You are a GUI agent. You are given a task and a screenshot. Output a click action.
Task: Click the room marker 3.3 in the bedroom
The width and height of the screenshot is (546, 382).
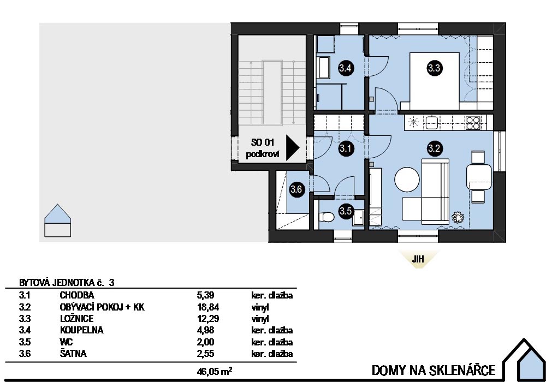pyautogui.click(x=435, y=68)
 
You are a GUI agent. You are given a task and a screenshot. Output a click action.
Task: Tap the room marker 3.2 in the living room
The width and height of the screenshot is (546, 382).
pyautogui.click(x=435, y=147)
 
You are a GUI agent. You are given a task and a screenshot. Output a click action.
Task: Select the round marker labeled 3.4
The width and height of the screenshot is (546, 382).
pyautogui.click(x=346, y=68)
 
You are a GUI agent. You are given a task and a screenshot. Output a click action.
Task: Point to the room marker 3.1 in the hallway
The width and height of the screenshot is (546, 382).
pyautogui.click(x=346, y=147)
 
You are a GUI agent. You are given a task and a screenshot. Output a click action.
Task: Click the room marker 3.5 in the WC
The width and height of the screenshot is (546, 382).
pyautogui.click(x=346, y=210)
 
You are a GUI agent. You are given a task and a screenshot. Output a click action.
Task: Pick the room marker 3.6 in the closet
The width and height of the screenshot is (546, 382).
pyautogui.click(x=296, y=190)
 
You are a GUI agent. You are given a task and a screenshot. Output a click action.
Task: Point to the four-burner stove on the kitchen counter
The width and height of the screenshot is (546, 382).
pyautogui.click(x=472, y=123)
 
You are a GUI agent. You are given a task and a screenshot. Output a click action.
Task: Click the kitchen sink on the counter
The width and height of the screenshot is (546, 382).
pyautogui.click(x=432, y=122)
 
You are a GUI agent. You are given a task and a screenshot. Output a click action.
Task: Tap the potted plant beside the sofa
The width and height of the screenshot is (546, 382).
pyautogui.click(x=458, y=217)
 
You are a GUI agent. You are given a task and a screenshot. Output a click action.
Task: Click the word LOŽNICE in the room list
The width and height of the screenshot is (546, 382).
pyautogui.click(x=76, y=319)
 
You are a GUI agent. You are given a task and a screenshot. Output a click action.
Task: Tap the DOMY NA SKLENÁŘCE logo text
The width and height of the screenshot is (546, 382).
pyautogui.click(x=434, y=370)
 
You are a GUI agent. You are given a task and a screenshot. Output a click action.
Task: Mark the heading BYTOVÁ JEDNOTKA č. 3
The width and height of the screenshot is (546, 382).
pyautogui.click(x=67, y=283)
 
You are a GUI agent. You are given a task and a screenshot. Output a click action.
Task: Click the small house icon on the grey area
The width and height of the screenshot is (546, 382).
pyautogui.click(x=57, y=221)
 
